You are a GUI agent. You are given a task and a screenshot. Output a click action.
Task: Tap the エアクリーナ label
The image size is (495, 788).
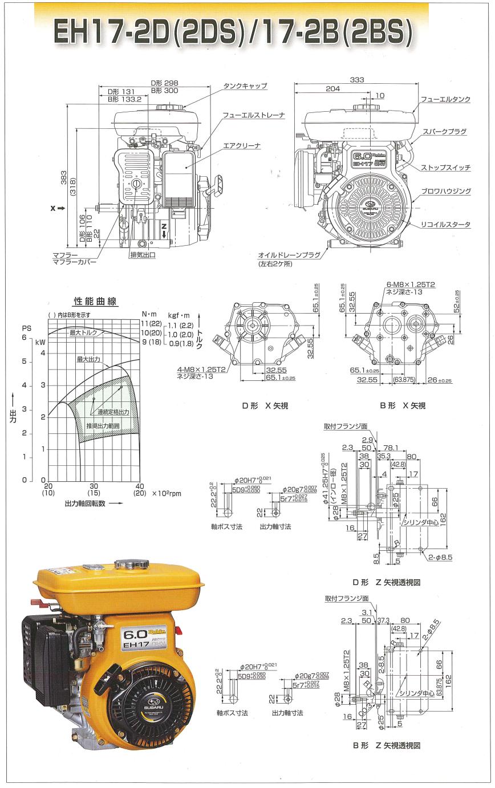tap(242, 146)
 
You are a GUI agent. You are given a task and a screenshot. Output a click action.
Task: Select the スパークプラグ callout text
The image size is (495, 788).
tap(445, 132)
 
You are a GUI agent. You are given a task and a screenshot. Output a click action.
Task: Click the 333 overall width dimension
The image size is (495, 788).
tap(357, 80)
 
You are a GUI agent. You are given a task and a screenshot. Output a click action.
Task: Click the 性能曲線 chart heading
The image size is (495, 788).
tap(95, 302)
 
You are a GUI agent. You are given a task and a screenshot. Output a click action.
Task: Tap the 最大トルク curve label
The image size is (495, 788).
tap(83, 332)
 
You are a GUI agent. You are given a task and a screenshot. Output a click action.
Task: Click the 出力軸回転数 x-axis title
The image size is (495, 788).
tap(86, 504)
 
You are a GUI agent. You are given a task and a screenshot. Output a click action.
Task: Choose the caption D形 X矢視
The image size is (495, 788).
tap(265, 406)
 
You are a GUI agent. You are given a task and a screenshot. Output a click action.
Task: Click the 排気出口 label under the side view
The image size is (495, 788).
tap(143, 255)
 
